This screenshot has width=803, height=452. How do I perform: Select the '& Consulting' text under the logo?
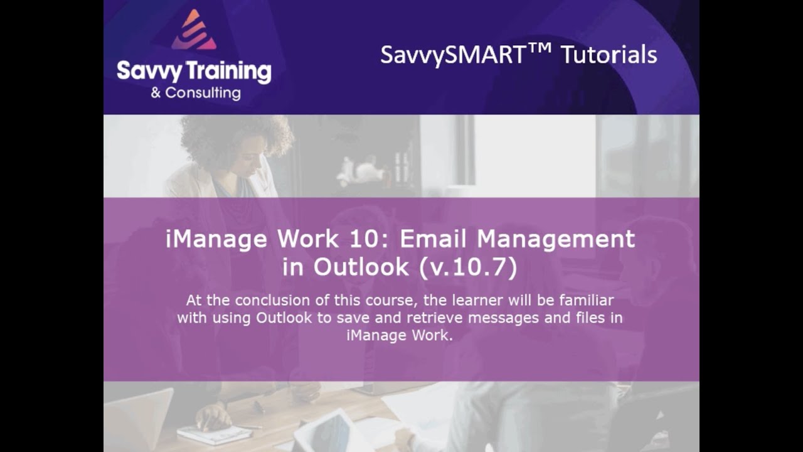point(195,94)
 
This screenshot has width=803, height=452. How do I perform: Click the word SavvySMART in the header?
point(452,55)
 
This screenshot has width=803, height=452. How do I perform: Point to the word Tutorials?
point(609,55)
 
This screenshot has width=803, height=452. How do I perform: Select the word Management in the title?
point(556,239)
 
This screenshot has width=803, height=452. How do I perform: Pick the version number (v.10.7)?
point(467,267)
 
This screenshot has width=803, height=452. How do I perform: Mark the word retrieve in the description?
point(433,318)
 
